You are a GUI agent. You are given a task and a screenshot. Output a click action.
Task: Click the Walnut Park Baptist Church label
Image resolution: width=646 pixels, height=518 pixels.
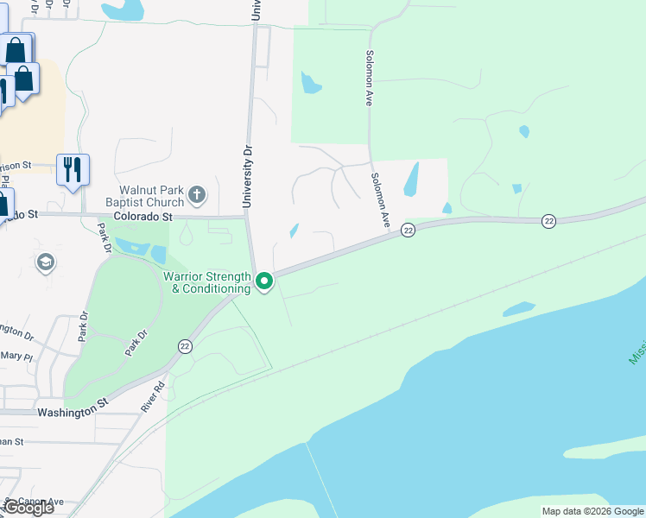[151, 195]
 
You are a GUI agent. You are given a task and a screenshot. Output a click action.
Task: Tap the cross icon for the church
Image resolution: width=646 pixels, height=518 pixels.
[197, 195]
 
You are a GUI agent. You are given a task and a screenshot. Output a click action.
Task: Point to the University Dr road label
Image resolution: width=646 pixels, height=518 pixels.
[248, 176]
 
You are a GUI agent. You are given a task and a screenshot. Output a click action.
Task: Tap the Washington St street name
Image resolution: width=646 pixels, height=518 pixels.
[71, 414]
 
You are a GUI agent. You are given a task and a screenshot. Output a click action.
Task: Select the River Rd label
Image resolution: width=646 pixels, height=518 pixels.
[153, 398]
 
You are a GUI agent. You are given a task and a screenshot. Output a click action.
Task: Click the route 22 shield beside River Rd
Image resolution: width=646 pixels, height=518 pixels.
[185, 346]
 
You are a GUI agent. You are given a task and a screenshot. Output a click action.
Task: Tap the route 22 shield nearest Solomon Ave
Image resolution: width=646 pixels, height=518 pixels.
[408, 230]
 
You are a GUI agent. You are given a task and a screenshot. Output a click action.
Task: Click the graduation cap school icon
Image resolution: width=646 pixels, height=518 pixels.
[46, 262]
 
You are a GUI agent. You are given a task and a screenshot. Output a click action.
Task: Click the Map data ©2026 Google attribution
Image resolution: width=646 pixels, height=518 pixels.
[592, 511]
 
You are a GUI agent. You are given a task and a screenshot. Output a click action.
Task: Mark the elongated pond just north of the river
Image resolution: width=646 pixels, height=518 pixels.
[518, 308]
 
